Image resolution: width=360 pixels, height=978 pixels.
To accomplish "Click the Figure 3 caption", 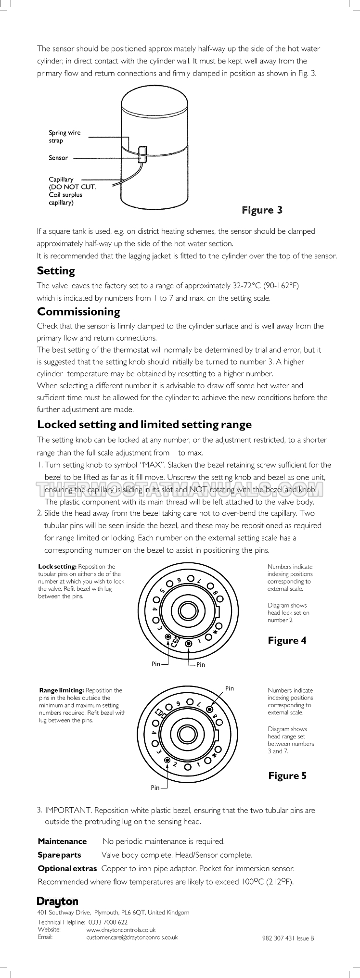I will (x=262, y=210).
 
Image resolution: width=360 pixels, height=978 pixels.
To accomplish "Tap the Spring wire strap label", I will (x=64, y=137).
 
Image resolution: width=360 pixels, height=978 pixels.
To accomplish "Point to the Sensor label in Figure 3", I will (x=58, y=158).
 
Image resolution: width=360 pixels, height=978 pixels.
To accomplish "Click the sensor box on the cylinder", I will (x=143, y=155).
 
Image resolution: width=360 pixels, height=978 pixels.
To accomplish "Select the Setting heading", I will (x=56, y=271).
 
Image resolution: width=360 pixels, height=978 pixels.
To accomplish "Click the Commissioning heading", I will (x=78, y=312).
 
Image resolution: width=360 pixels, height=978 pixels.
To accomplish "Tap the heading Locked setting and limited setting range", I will (x=144, y=424).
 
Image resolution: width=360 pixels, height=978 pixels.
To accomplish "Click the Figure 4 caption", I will (x=287, y=640).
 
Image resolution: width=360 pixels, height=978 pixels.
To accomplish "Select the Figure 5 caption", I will (x=287, y=775).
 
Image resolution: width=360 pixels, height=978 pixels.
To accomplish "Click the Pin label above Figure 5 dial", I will (x=230, y=688).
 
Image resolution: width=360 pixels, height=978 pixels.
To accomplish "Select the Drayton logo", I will (x=57, y=901).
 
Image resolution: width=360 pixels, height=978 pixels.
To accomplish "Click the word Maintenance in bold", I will (x=62, y=841).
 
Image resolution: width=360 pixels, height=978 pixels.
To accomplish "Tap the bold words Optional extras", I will (x=67, y=868).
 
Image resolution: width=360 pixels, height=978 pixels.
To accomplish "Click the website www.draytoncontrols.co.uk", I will (x=120, y=930).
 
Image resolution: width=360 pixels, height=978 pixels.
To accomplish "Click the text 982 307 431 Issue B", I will (x=288, y=938).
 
